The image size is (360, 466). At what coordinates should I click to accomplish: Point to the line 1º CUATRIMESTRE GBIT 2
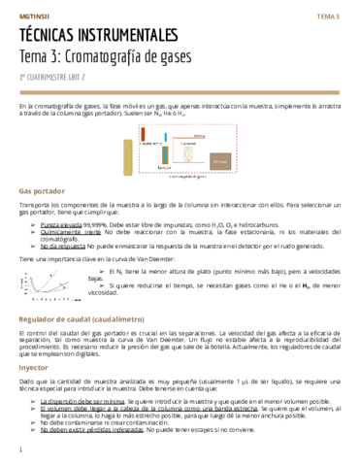(52, 75)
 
